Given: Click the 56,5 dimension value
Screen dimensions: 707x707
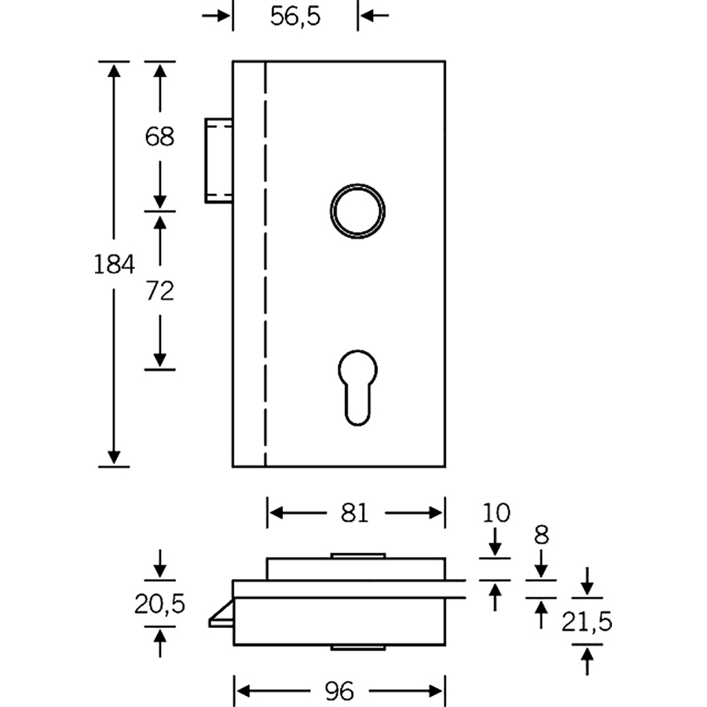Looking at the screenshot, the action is click(x=295, y=16).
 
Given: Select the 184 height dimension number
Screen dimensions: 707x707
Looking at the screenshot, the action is click(x=114, y=265).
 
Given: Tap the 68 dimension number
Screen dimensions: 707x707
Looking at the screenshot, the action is click(x=159, y=136).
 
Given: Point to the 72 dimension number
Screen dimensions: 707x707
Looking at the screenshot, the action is click(x=159, y=291).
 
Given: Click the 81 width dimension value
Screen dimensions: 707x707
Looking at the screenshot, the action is click(x=355, y=513).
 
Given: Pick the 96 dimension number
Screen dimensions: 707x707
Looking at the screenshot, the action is click(x=339, y=691).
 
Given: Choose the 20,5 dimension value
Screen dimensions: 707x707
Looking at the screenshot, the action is click(x=159, y=604).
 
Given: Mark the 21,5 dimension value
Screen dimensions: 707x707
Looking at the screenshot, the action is click(x=587, y=622).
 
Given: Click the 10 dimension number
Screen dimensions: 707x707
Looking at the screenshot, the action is click(x=496, y=513).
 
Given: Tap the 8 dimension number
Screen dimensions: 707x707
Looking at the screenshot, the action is click(x=541, y=535).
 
